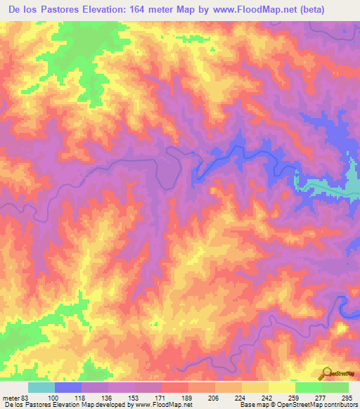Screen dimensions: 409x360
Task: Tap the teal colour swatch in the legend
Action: click(x=41, y=387)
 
